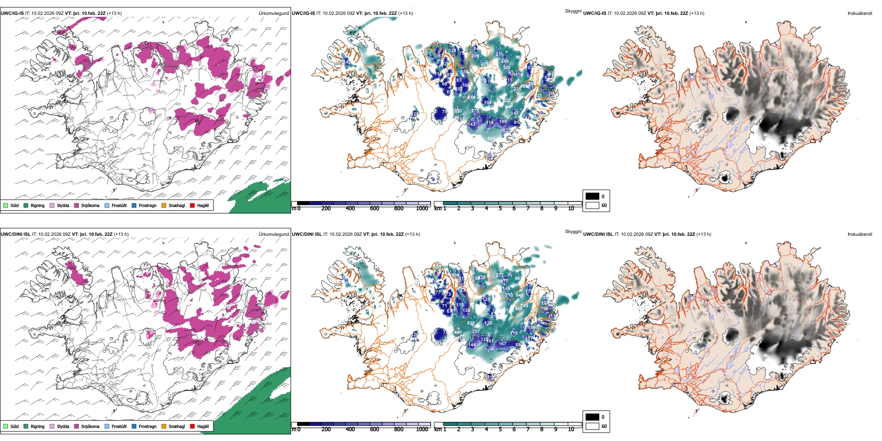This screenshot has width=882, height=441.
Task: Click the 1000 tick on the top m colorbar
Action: point(422,208)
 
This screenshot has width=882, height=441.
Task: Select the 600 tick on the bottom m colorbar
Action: point(375,429)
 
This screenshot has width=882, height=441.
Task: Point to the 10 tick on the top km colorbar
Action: point(571,208)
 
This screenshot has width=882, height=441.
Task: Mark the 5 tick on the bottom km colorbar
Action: point(500,429)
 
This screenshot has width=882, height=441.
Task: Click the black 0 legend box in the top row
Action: point(592,196)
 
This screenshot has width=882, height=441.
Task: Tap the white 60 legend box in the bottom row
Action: point(592,426)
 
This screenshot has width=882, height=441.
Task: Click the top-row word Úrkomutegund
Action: point(273,13)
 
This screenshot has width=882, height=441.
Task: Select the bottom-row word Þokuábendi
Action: point(860,234)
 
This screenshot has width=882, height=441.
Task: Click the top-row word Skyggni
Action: point(573,11)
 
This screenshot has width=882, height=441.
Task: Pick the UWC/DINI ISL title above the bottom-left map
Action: point(15,234)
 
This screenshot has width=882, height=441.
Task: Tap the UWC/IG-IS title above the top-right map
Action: point(595,13)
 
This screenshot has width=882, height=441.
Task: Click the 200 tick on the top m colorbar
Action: point(326,208)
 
